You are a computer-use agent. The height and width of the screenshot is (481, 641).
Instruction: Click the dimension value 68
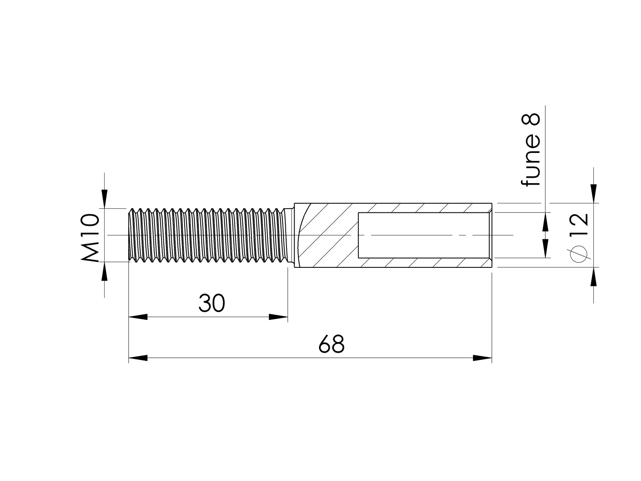pos(331,344)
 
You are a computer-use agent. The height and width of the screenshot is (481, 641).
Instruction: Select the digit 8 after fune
pos(531,119)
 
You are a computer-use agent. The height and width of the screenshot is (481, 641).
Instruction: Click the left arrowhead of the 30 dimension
pos(138,317)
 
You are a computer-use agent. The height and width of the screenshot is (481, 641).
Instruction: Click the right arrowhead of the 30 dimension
pos(278,317)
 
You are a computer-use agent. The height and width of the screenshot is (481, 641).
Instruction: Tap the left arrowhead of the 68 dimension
pos(138,358)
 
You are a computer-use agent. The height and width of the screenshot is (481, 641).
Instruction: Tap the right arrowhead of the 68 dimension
pos(482,358)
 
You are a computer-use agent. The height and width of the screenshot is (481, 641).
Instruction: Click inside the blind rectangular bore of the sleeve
pos(420,235)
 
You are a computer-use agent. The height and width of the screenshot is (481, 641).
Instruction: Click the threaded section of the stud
pos(206,235)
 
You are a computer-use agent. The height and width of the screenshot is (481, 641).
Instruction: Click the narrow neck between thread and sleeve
pos(290,235)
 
